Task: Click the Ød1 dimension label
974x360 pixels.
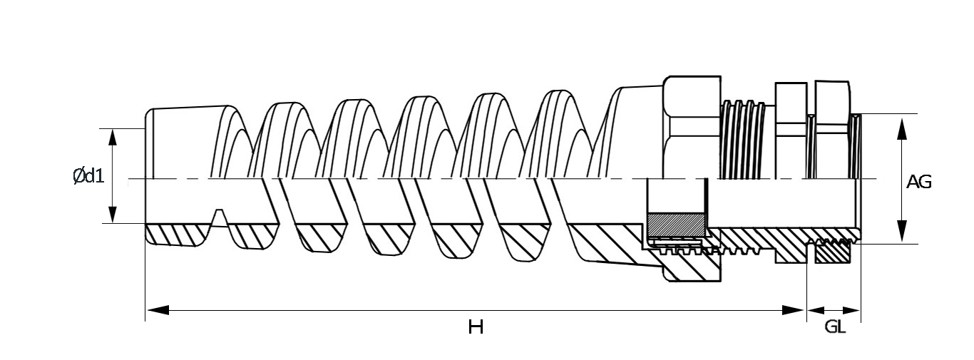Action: click(x=88, y=176)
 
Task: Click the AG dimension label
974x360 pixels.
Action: click(x=919, y=182)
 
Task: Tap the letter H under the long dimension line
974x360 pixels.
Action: click(x=476, y=326)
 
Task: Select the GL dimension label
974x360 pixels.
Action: click(x=835, y=326)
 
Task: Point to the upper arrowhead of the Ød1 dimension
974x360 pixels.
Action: click(x=113, y=138)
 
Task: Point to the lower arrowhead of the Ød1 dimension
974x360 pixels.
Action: click(x=113, y=215)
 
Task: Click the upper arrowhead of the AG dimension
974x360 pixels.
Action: click(x=902, y=128)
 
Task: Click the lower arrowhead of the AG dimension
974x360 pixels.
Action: click(x=902, y=231)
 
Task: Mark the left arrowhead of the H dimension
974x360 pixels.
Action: click(x=158, y=310)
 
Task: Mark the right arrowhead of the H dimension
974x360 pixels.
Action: click(x=792, y=310)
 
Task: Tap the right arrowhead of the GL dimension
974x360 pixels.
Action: click(x=851, y=310)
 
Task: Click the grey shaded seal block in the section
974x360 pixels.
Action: click(x=676, y=225)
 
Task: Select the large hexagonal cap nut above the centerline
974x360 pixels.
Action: click(x=692, y=128)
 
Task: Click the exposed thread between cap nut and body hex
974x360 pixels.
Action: click(x=743, y=140)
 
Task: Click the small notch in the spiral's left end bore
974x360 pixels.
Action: click(x=220, y=218)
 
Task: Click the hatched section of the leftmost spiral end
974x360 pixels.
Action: click(x=178, y=235)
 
